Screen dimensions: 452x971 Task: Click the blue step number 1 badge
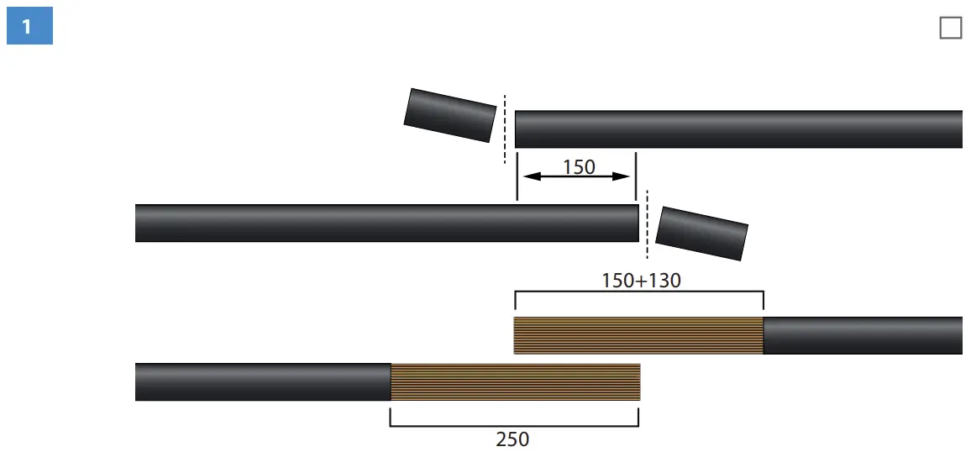(x=29, y=27)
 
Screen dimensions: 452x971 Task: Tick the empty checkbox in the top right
(x=950, y=28)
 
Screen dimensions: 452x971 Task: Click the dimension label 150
(x=579, y=167)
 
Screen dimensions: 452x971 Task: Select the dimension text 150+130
(x=641, y=280)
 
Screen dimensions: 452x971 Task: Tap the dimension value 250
(x=513, y=439)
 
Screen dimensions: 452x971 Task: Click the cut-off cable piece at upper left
(x=449, y=115)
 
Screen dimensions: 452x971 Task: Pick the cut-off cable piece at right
(x=701, y=233)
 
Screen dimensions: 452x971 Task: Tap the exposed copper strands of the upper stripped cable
(x=638, y=335)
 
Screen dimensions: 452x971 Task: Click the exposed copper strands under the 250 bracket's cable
(x=515, y=381)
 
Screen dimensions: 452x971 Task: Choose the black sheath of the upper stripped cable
(x=862, y=335)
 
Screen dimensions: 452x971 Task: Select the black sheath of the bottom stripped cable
(x=262, y=381)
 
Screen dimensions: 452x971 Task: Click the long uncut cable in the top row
(x=738, y=129)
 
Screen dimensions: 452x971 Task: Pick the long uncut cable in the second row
(x=386, y=223)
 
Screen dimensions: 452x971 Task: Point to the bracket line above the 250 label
(x=514, y=425)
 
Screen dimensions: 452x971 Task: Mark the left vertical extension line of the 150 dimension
(x=517, y=176)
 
